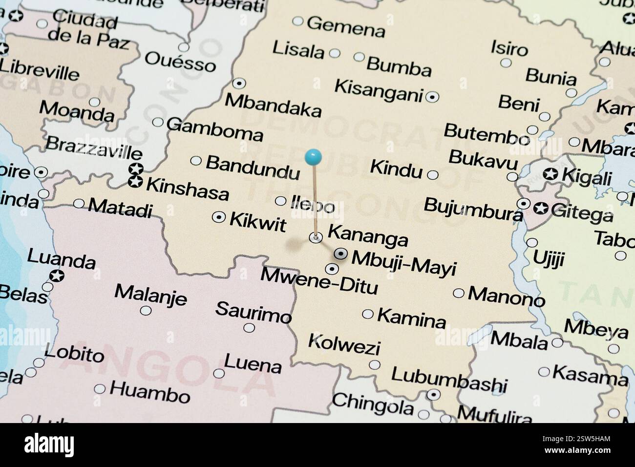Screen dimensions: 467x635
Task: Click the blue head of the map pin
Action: pos(313,157)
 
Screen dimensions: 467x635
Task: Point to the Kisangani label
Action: pos(378,91)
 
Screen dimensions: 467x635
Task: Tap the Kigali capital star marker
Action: pos(550,174)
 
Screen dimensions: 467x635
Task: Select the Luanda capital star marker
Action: pos(57,276)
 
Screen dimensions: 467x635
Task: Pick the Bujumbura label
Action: pos(473,209)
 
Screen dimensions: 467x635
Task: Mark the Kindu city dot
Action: pos(432,174)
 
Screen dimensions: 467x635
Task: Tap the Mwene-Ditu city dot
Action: pos(332,269)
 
